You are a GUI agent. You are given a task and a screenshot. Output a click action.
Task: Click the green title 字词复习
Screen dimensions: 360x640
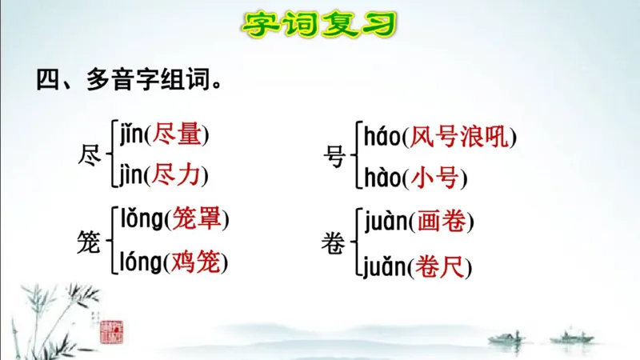click(319, 24)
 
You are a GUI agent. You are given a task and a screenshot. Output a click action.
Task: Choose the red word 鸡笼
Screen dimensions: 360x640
click(196, 262)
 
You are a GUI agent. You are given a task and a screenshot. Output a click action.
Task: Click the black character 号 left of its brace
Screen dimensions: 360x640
click(335, 156)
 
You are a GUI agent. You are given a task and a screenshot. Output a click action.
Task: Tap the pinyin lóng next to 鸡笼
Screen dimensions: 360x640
click(141, 262)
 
